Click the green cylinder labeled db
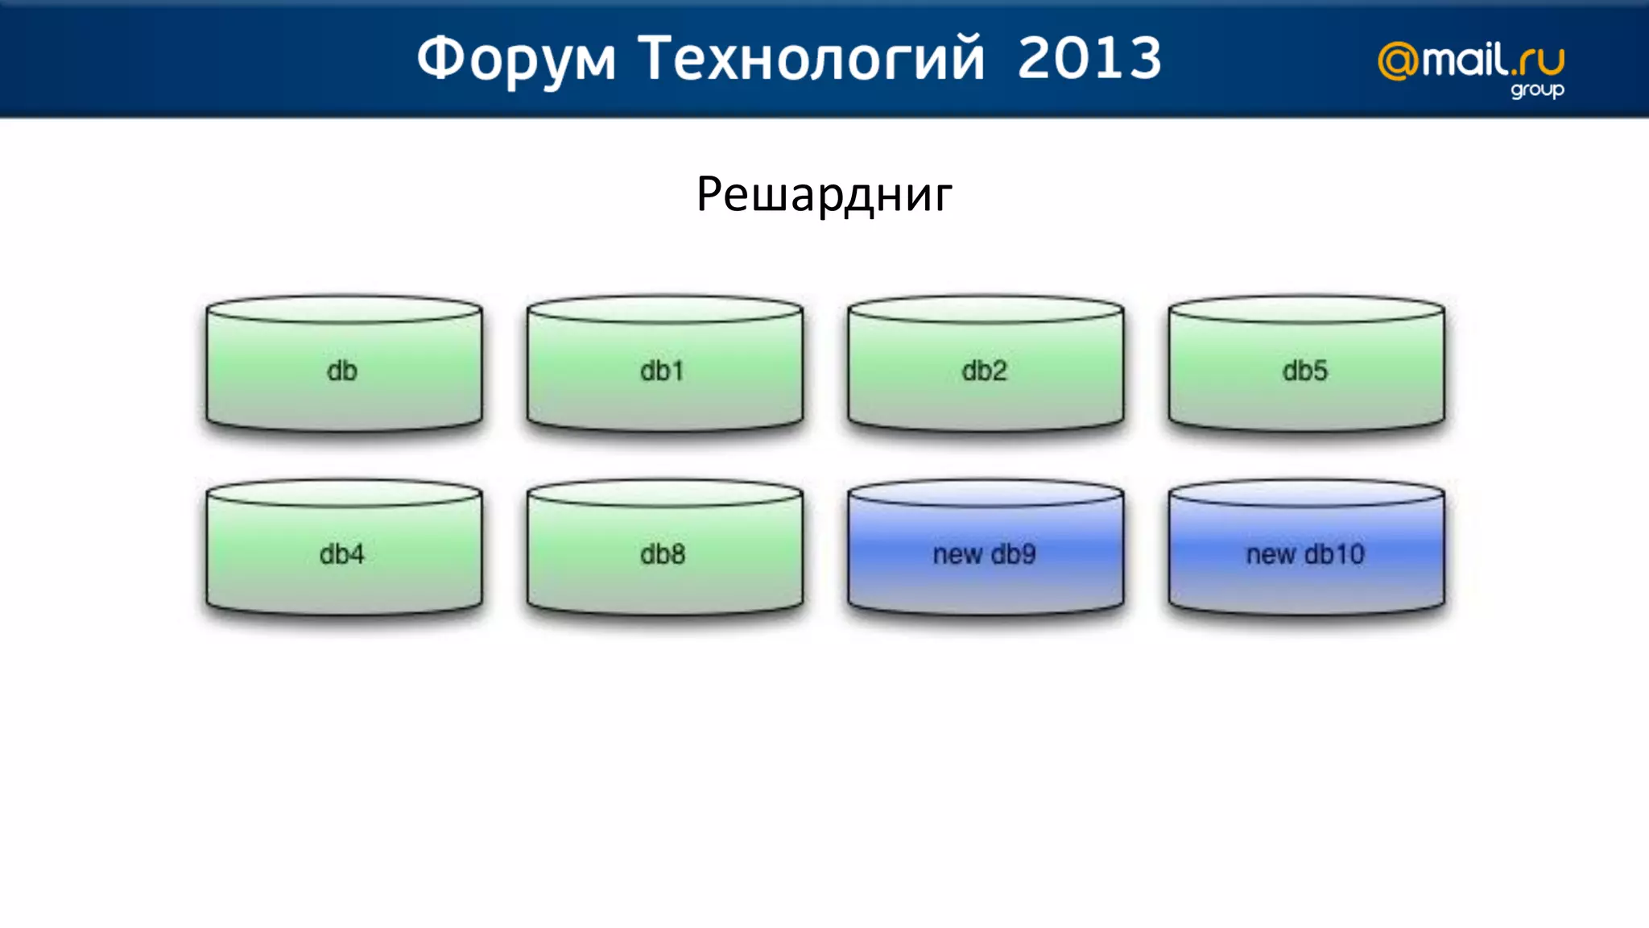pos(344,371)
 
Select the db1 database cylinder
pos(664,371)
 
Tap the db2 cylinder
pos(985,371)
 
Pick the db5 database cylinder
pos(1305,371)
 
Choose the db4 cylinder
pos(344,554)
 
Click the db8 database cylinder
pos(664,554)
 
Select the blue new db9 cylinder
pos(985,554)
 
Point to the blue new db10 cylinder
pos(1305,554)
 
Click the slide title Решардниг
pos(824,195)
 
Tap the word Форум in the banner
pos(515,60)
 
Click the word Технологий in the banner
pos(811,60)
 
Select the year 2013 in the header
pos(1089,60)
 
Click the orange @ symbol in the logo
pos(1398,62)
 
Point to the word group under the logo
pos(1536,89)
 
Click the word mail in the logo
pos(1464,60)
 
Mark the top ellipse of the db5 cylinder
pos(1305,309)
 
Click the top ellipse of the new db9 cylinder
pos(985,494)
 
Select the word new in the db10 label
pos(1270,554)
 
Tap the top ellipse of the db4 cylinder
pos(344,494)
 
